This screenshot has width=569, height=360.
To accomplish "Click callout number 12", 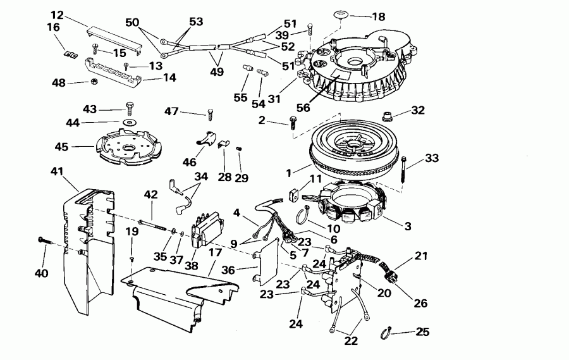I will point(58,14).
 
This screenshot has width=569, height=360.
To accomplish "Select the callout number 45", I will point(61,147).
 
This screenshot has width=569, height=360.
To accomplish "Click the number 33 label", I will point(431,158).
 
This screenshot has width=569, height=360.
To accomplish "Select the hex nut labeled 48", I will point(92,82).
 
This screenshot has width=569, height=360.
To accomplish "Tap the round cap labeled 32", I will point(387,116).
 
